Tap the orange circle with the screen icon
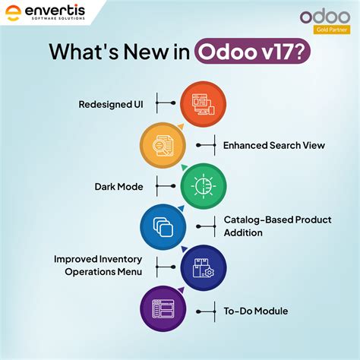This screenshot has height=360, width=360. click(x=203, y=103)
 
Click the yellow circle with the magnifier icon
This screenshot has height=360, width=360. click(x=163, y=144)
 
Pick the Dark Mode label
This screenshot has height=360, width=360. click(x=120, y=185)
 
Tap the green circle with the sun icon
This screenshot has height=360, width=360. click(x=203, y=185)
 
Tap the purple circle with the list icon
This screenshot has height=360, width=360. click(x=163, y=310)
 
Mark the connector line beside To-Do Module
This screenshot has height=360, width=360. click(x=206, y=310)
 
